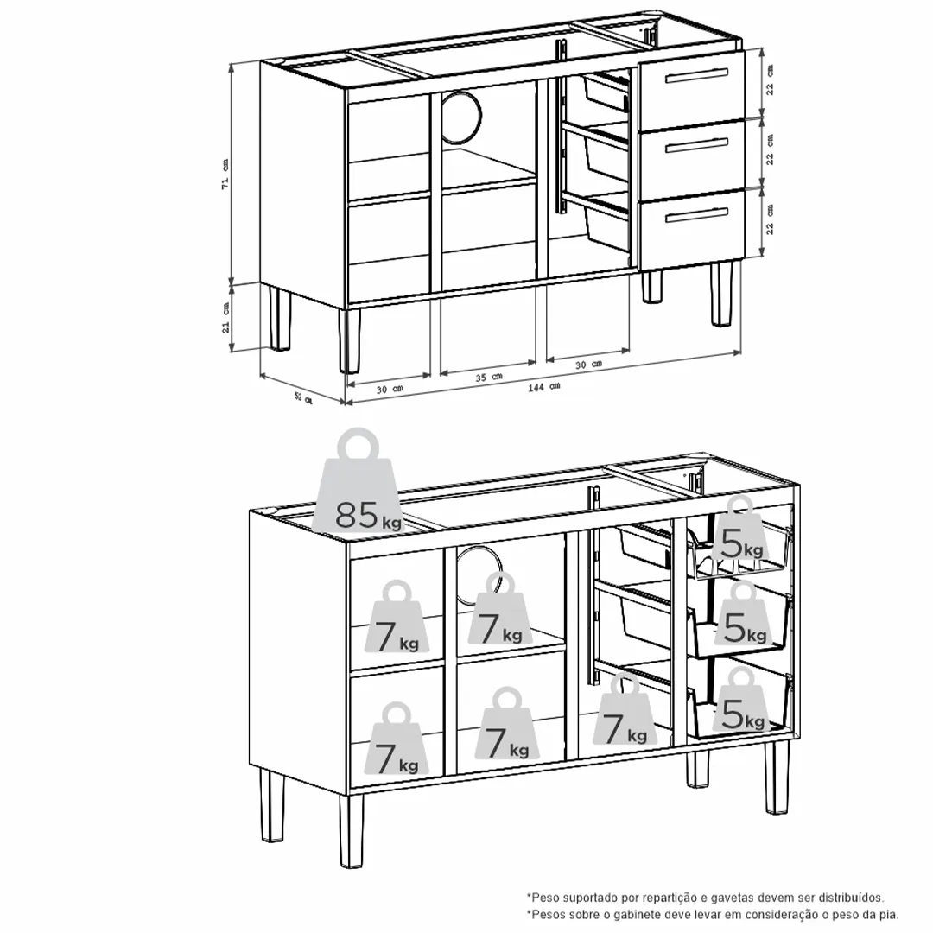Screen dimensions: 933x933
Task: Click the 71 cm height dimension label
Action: pyautogui.click(x=225, y=174)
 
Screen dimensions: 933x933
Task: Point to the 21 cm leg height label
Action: pyautogui.click(x=225, y=318)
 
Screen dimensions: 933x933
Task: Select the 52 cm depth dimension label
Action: pyautogui.click(x=303, y=397)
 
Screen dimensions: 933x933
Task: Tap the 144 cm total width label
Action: pyautogui.click(x=544, y=387)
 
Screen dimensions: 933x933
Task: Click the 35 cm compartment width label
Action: pyautogui.click(x=488, y=378)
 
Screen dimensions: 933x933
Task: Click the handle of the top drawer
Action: pyautogui.click(x=696, y=75)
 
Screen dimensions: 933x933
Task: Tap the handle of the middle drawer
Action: pyautogui.click(x=697, y=145)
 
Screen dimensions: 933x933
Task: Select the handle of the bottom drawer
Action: pyautogui.click(x=697, y=215)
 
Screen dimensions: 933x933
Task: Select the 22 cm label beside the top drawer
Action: pyautogui.click(x=770, y=79)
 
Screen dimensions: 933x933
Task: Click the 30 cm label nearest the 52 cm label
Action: pyautogui.click(x=390, y=389)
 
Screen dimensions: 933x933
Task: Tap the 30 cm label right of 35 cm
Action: pyautogui.click(x=588, y=365)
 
